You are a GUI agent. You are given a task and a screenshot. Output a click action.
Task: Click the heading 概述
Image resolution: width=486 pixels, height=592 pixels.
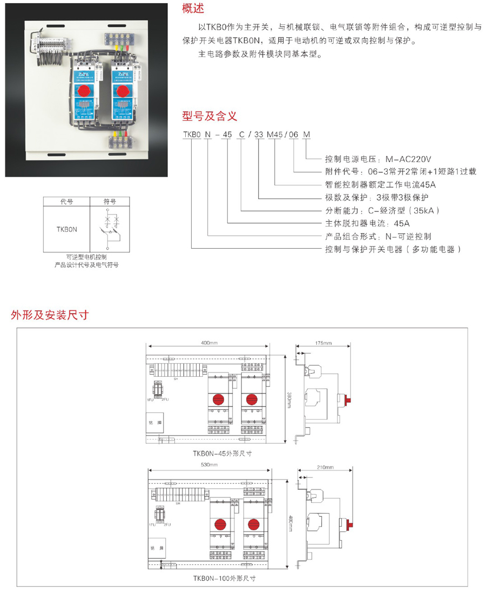click(x=193, y=9)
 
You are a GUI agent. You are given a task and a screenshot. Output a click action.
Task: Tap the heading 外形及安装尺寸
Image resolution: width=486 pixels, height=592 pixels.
click(x=49, y=315)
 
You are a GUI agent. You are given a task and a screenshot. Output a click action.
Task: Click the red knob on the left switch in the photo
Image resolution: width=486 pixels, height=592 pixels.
click(x=85, y=91)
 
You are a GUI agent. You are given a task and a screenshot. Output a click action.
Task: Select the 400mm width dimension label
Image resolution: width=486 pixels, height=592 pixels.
click(x=208, y=343)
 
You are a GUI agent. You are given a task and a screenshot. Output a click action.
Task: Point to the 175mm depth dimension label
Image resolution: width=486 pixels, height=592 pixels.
click(x=324, y=343)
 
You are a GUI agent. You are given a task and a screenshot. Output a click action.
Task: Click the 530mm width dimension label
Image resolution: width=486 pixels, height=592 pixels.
click(x=208, y=464)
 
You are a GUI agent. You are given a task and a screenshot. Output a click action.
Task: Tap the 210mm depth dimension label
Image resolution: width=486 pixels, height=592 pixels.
click(x=326, y=467)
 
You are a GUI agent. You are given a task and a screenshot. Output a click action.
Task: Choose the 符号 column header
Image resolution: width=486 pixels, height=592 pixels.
click(x=110, y=201)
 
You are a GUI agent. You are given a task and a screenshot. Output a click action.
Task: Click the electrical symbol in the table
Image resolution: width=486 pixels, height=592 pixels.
click(x=110, y=227)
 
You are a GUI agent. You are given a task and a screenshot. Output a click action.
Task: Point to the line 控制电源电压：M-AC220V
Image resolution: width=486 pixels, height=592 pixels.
click(x=378, y=159)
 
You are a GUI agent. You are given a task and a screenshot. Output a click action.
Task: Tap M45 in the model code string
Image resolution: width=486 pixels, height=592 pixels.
click(x=275, y=134)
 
